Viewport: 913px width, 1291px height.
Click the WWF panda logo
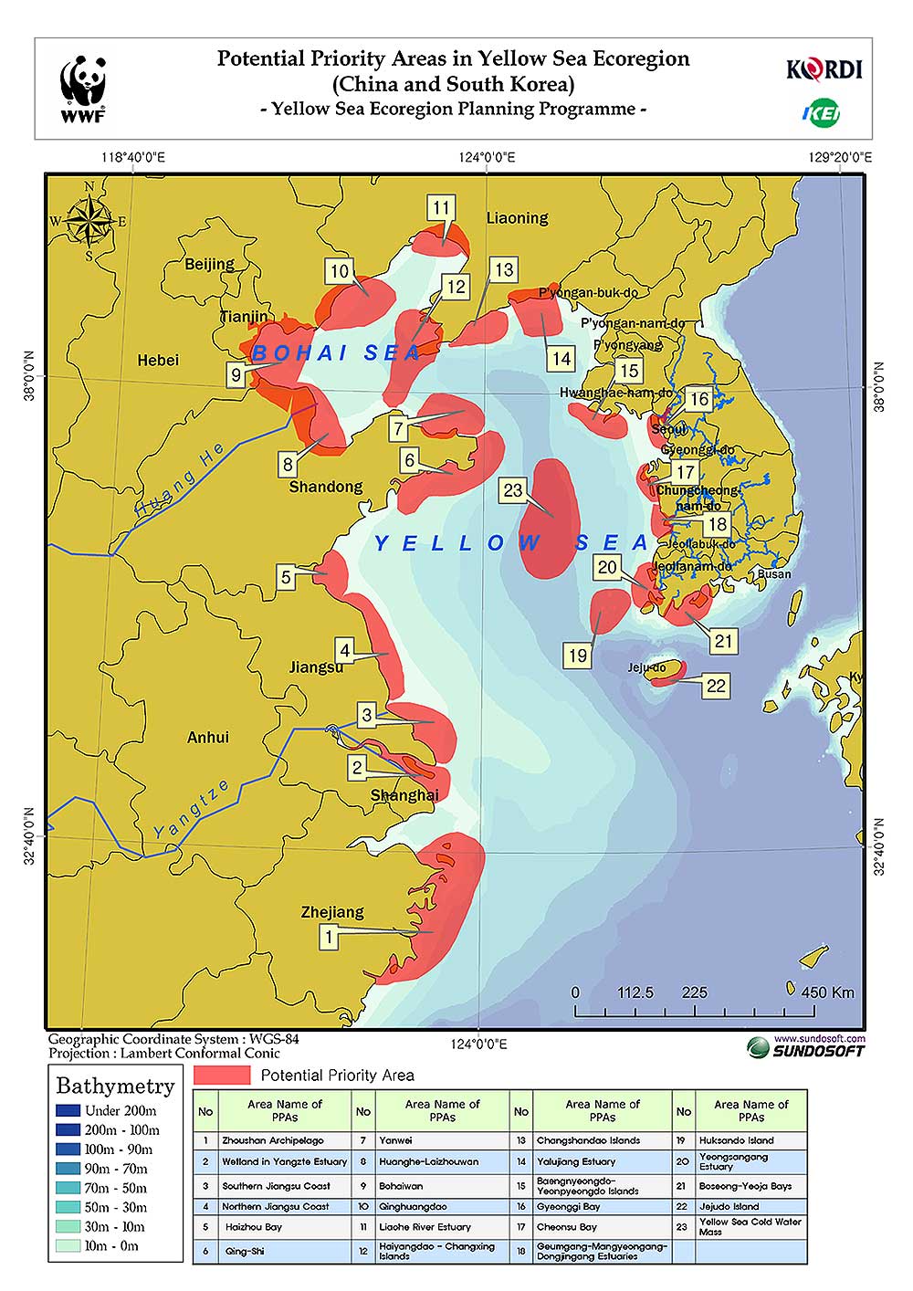[x=83, y=89]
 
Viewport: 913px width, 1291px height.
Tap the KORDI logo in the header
[x=824, y=69]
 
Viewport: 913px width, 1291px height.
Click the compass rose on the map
[x=89, y=220]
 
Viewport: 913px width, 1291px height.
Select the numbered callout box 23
[x=512, y=490]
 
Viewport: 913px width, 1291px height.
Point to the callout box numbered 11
[x=441, y=208]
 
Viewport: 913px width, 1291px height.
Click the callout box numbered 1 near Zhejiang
[x=329, y=936]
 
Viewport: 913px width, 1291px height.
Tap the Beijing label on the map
[x=209, y=264]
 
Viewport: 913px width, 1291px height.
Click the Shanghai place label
[x=404, y=795]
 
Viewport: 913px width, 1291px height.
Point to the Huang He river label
[x=180, y=481]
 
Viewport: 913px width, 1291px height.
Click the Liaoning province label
[x=517, y=218]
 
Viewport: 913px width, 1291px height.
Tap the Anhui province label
[x=208, y=737]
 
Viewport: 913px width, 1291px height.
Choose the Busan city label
[x=774, y=574]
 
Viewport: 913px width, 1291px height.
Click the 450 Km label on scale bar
[x=826, y=992]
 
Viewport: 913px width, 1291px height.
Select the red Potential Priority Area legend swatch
[x=222, y=1075]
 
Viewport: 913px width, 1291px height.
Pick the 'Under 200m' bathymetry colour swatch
[x=68, y=1111]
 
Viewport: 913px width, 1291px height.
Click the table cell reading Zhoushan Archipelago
[x=273, y=1140]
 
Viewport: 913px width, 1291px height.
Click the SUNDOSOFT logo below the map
[x=805, y=1047]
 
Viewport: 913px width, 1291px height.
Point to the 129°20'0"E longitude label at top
[x=840, y=157]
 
